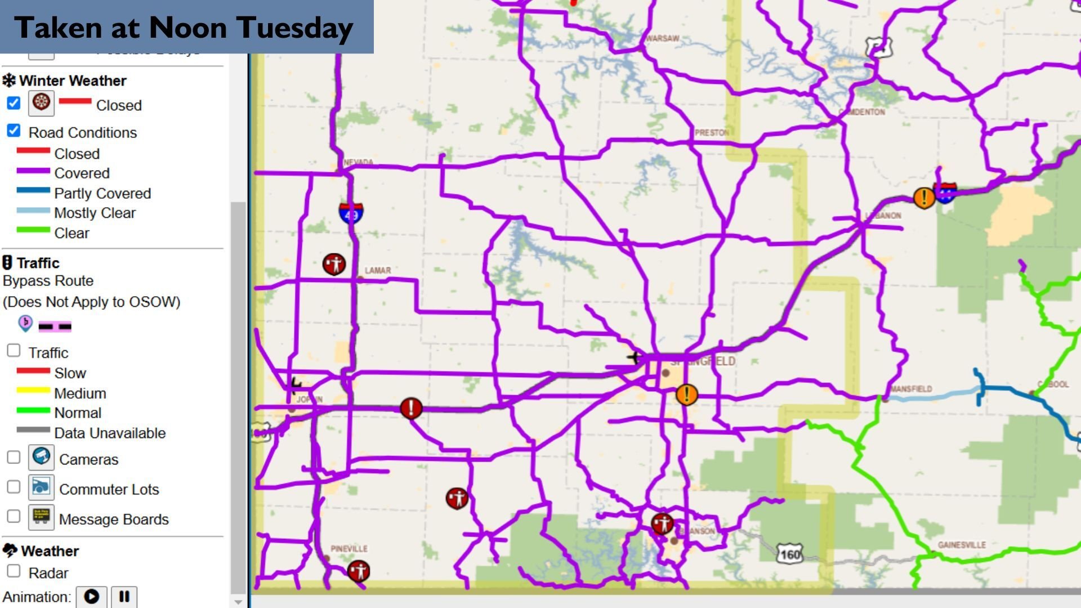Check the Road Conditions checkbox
click(x=14, y=131)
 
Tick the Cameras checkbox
click(x=14, y=457)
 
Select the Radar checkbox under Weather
click(x=14, y=571)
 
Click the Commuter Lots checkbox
click(x=14, y=487)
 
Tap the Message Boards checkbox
click(x=14, y=516)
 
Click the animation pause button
click(x=124, y=596)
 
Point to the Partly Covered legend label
click(x=102, y=193)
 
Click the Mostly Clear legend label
click(x=95, y=213)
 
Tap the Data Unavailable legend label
click(x=110, y=433)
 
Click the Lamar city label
click(x=377, y=270)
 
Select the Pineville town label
click(x=349, y=548)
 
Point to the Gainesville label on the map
click(x=961, y=544)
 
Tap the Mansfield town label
click(x=911, y=388)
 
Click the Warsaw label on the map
click(x=662, y=38)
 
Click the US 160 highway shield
click(x=790, y=555)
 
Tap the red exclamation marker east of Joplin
click(x=411, y=408)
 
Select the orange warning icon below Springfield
click(x=686, y=395)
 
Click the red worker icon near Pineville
click(x=359, y=571)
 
